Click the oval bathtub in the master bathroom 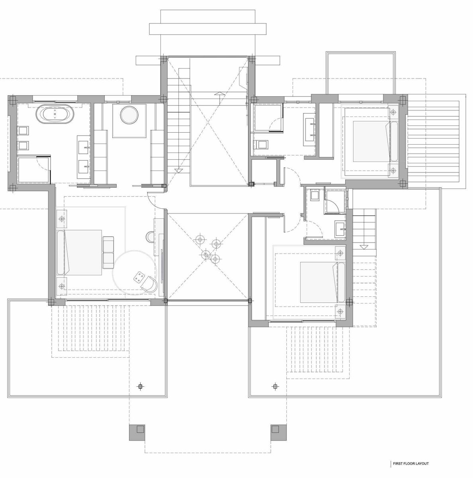(55, 114)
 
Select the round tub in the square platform (129, 115)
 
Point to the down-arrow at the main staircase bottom (178, 170)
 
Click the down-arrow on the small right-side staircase (364, 247)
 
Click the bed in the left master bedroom (79, 252)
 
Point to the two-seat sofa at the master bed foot (108, 252)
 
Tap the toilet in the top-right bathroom (260, 144)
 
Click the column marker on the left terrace (141, 386)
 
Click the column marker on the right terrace (275, 386)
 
